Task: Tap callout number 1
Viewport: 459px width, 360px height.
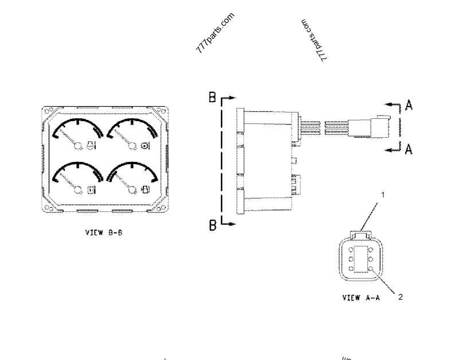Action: [x=383, y=195]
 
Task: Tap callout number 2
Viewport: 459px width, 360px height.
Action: [x=400, y=297]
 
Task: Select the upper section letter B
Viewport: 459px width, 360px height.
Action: [x=212, y=98]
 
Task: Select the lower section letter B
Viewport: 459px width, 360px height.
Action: [x=212, y=225]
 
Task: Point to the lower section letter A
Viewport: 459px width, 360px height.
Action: [x=408, y=149]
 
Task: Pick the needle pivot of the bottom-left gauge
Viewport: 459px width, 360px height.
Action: [x=77, y=189]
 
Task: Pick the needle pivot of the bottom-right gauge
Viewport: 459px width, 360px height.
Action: [x=131, y=188]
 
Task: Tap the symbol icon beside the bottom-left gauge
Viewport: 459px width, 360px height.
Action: [x=91, y=189]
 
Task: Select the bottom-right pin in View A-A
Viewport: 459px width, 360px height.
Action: [x=372, y=268]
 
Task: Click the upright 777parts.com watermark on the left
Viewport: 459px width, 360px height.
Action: [x=216, y=33]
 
